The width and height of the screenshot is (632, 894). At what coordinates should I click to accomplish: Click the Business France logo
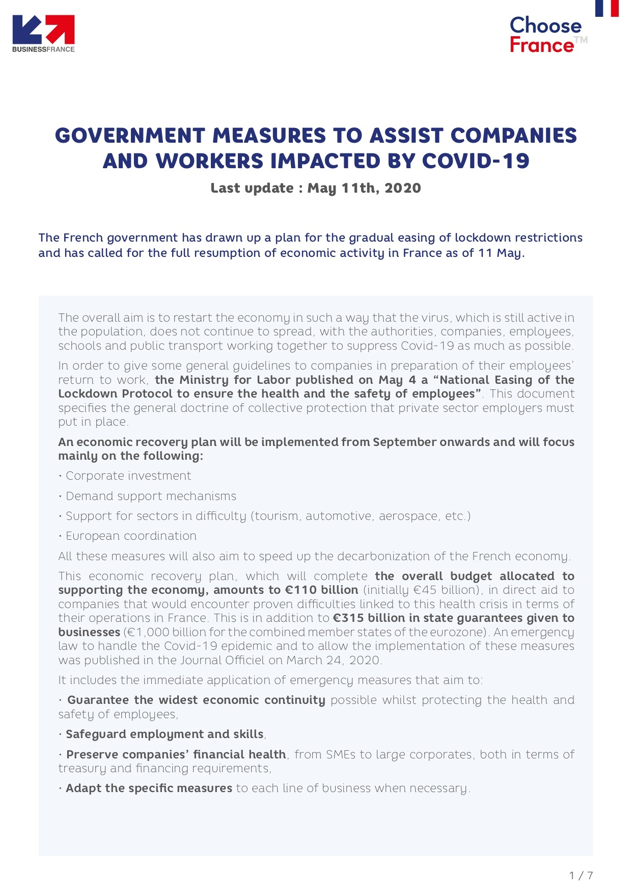43,33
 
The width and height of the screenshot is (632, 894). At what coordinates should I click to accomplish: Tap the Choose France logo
545,35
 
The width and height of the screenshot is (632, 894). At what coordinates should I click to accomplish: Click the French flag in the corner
607,8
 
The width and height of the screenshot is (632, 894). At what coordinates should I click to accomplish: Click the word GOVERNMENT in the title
130,136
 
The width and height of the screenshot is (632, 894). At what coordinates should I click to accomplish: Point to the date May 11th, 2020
364,188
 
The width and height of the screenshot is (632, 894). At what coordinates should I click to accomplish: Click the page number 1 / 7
581,876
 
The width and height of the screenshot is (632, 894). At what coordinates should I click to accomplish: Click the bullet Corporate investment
128,476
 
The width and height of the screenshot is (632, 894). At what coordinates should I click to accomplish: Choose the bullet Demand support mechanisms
151,496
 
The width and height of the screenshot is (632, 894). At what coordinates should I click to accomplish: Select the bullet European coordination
131,536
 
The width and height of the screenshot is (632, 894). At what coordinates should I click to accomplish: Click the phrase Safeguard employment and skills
164,734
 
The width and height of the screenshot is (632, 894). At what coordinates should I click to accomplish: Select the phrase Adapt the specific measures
149,788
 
